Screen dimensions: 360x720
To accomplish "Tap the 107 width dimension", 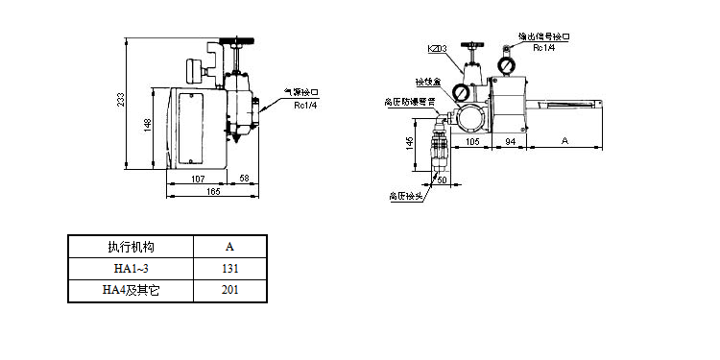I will click(199, 180).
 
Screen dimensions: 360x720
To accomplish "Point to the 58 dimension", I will click(244, 180).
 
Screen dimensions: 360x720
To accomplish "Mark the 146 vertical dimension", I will click(410, 142).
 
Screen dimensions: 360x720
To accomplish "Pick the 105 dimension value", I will click(472, 140).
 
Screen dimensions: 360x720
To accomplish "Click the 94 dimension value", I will click(511, 140).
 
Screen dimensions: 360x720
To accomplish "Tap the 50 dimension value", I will click(443, 179).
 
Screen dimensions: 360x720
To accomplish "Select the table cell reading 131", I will click(229, 268).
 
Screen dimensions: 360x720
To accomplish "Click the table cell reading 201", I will click(229, 289).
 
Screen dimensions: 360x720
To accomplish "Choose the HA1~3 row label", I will click(131, 268).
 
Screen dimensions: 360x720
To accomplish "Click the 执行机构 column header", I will click(131, 247).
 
